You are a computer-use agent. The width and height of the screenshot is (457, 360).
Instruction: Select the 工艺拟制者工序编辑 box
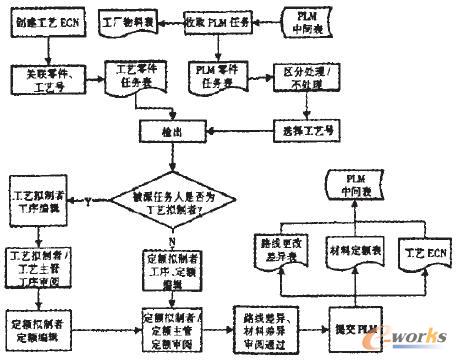[37, 194]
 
